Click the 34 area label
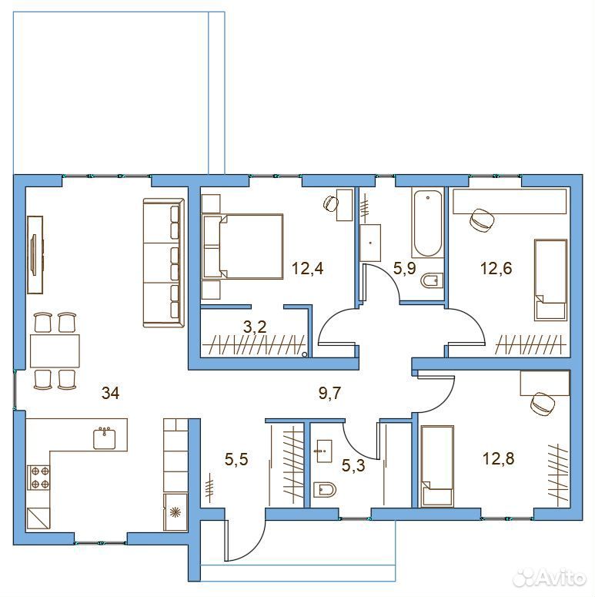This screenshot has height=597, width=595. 110,393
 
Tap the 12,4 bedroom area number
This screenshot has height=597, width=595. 307,268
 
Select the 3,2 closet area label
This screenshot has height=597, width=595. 255,327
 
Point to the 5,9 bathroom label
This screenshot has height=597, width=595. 404,268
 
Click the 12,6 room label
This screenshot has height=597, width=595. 496,268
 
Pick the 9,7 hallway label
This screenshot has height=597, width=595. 330,394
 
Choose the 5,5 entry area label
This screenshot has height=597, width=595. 236,459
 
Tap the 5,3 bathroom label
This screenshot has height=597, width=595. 353,465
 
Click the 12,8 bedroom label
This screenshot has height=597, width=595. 498,458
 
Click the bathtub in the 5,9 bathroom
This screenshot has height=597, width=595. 428,224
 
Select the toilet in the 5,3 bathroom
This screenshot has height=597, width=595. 325,490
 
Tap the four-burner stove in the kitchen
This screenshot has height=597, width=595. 38,478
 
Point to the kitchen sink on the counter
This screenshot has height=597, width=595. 104,438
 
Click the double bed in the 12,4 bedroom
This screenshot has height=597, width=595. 243,247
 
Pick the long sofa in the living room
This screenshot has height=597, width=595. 164,263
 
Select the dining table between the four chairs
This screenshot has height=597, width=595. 55,350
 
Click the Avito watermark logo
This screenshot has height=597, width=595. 549,578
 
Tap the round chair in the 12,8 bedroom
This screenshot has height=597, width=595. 542,404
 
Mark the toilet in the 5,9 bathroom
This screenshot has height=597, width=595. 432,280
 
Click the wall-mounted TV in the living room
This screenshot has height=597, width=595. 35,255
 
